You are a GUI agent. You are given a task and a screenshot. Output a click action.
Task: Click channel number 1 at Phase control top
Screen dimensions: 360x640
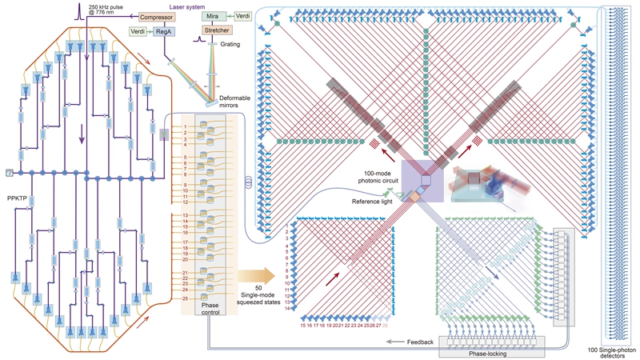(185, 126)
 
